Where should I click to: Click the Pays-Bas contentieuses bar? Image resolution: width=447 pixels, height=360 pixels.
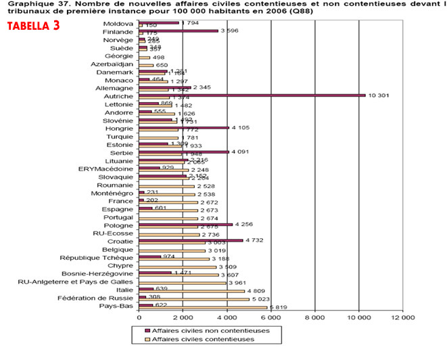tap(203, 307)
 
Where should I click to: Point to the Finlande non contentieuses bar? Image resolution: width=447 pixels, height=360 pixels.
tap(179, 30)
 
